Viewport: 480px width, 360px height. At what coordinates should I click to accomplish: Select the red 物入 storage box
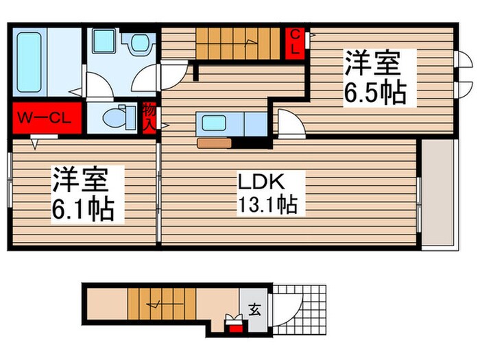pyautogui.click(x=149, y=117)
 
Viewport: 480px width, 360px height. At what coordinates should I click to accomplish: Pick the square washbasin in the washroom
pyautogui.click(x=105, y=42)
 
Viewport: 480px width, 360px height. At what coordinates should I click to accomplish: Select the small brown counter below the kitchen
pyautogui.click(x=214, y=144)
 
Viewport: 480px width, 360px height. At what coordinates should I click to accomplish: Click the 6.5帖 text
pyautogui.click(x=374, y=92)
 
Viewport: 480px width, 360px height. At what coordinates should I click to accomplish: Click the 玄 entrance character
pyautogui.click(x=254, y=309)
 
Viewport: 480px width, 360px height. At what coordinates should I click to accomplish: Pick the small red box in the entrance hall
pyautogui.click(x=235, y=326)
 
